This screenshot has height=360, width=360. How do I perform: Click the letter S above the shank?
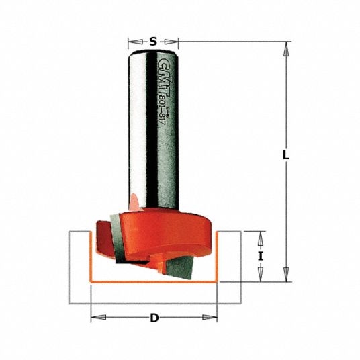(153, 42)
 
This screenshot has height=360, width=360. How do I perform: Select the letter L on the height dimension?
(285, 155)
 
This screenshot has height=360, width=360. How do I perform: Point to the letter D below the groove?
(154, 318)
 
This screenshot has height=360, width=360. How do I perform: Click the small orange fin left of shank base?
(134, 199)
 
